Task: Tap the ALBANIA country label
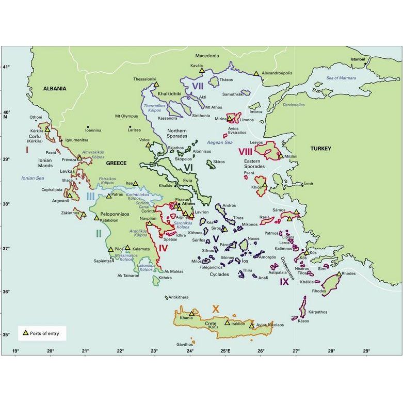tap(54, 88)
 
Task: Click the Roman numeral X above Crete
tap(216, 309)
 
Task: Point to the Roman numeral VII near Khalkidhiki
tap(197, 85)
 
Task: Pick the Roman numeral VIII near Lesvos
tap(245, 152)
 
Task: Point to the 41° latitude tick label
tap(6, 68)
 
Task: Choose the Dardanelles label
tap(294, 105)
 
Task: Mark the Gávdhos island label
tap(184, 344)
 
